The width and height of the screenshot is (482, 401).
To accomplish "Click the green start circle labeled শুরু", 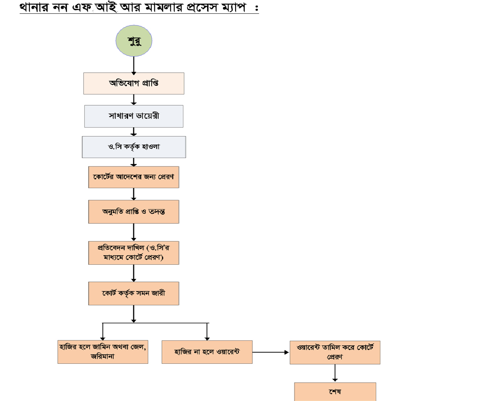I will coord(134,41).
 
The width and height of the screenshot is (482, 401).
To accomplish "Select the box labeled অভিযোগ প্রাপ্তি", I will coord(134,83).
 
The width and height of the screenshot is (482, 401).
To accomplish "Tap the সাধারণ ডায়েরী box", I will coord(134,116).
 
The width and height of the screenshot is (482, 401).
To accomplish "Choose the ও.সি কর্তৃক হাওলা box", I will coord(134,147).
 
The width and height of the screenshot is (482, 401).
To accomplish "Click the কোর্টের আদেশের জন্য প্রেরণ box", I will coord(134,177).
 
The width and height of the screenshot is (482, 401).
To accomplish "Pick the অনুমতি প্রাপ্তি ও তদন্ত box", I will coord(134,212).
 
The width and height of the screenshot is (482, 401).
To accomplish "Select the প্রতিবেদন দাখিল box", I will coord(134,253).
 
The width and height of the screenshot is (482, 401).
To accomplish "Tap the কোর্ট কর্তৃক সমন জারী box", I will coord(134,293).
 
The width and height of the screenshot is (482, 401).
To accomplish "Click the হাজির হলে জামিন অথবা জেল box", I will coord(103,352).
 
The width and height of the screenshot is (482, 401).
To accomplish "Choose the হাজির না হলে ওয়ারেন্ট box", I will coord(207,352).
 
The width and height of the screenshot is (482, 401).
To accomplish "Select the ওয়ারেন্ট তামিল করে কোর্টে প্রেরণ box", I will coord(335,352).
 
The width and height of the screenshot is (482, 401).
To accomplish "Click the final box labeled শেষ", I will coord(335,392).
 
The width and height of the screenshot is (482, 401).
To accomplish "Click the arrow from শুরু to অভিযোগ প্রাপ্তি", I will coord(134,65).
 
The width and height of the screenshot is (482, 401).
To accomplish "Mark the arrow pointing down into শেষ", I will coord(335,373).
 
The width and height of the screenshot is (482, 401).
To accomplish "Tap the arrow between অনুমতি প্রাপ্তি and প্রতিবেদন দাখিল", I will coord(134,232).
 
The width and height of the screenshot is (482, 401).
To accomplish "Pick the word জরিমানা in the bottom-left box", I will coord(103,357).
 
